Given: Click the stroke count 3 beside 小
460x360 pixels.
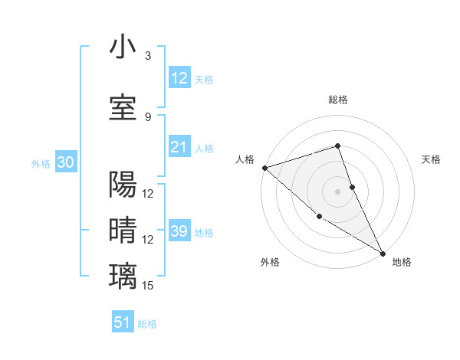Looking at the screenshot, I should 148,55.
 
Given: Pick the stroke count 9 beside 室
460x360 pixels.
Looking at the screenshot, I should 148,116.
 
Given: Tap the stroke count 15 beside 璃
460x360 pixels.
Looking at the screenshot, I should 149,286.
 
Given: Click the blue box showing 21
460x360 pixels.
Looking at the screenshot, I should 179,147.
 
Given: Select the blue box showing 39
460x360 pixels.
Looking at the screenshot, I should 179,231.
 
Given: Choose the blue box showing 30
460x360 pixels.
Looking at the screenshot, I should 65,162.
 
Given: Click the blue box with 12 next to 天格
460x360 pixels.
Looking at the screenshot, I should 179,78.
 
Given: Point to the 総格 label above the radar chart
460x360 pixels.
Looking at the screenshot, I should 338,100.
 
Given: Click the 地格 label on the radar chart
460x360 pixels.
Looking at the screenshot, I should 402,262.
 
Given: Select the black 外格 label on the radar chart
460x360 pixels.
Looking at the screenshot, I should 270,262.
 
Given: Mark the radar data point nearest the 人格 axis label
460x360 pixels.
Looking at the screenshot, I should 264,167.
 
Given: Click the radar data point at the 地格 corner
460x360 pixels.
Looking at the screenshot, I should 383,253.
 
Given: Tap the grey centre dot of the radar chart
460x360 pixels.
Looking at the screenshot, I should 338,191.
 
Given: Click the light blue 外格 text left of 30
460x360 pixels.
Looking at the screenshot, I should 41,163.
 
